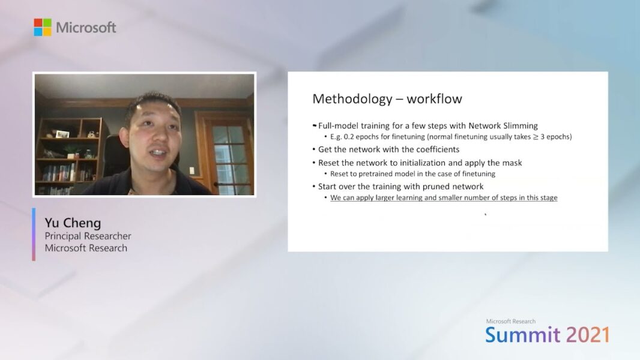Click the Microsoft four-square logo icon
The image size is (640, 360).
click(x=43, y=27)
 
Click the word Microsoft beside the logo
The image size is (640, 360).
click(x=86, y=28)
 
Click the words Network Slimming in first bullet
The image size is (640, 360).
click(x=503, y=125)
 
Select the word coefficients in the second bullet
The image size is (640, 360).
click(x=431, y=149)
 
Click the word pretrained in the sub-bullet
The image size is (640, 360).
click(x=375, y=174)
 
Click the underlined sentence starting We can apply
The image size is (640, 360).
click(x=444, y=197)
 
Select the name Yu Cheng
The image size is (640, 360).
click(x=72, y=223)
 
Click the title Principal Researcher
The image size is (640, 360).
click(x=88, y=236)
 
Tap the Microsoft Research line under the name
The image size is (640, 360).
click(x=86, y=248)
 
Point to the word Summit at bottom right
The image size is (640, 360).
click(x=522, y=335)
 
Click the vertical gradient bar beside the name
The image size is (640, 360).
click(x=34, y=235)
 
